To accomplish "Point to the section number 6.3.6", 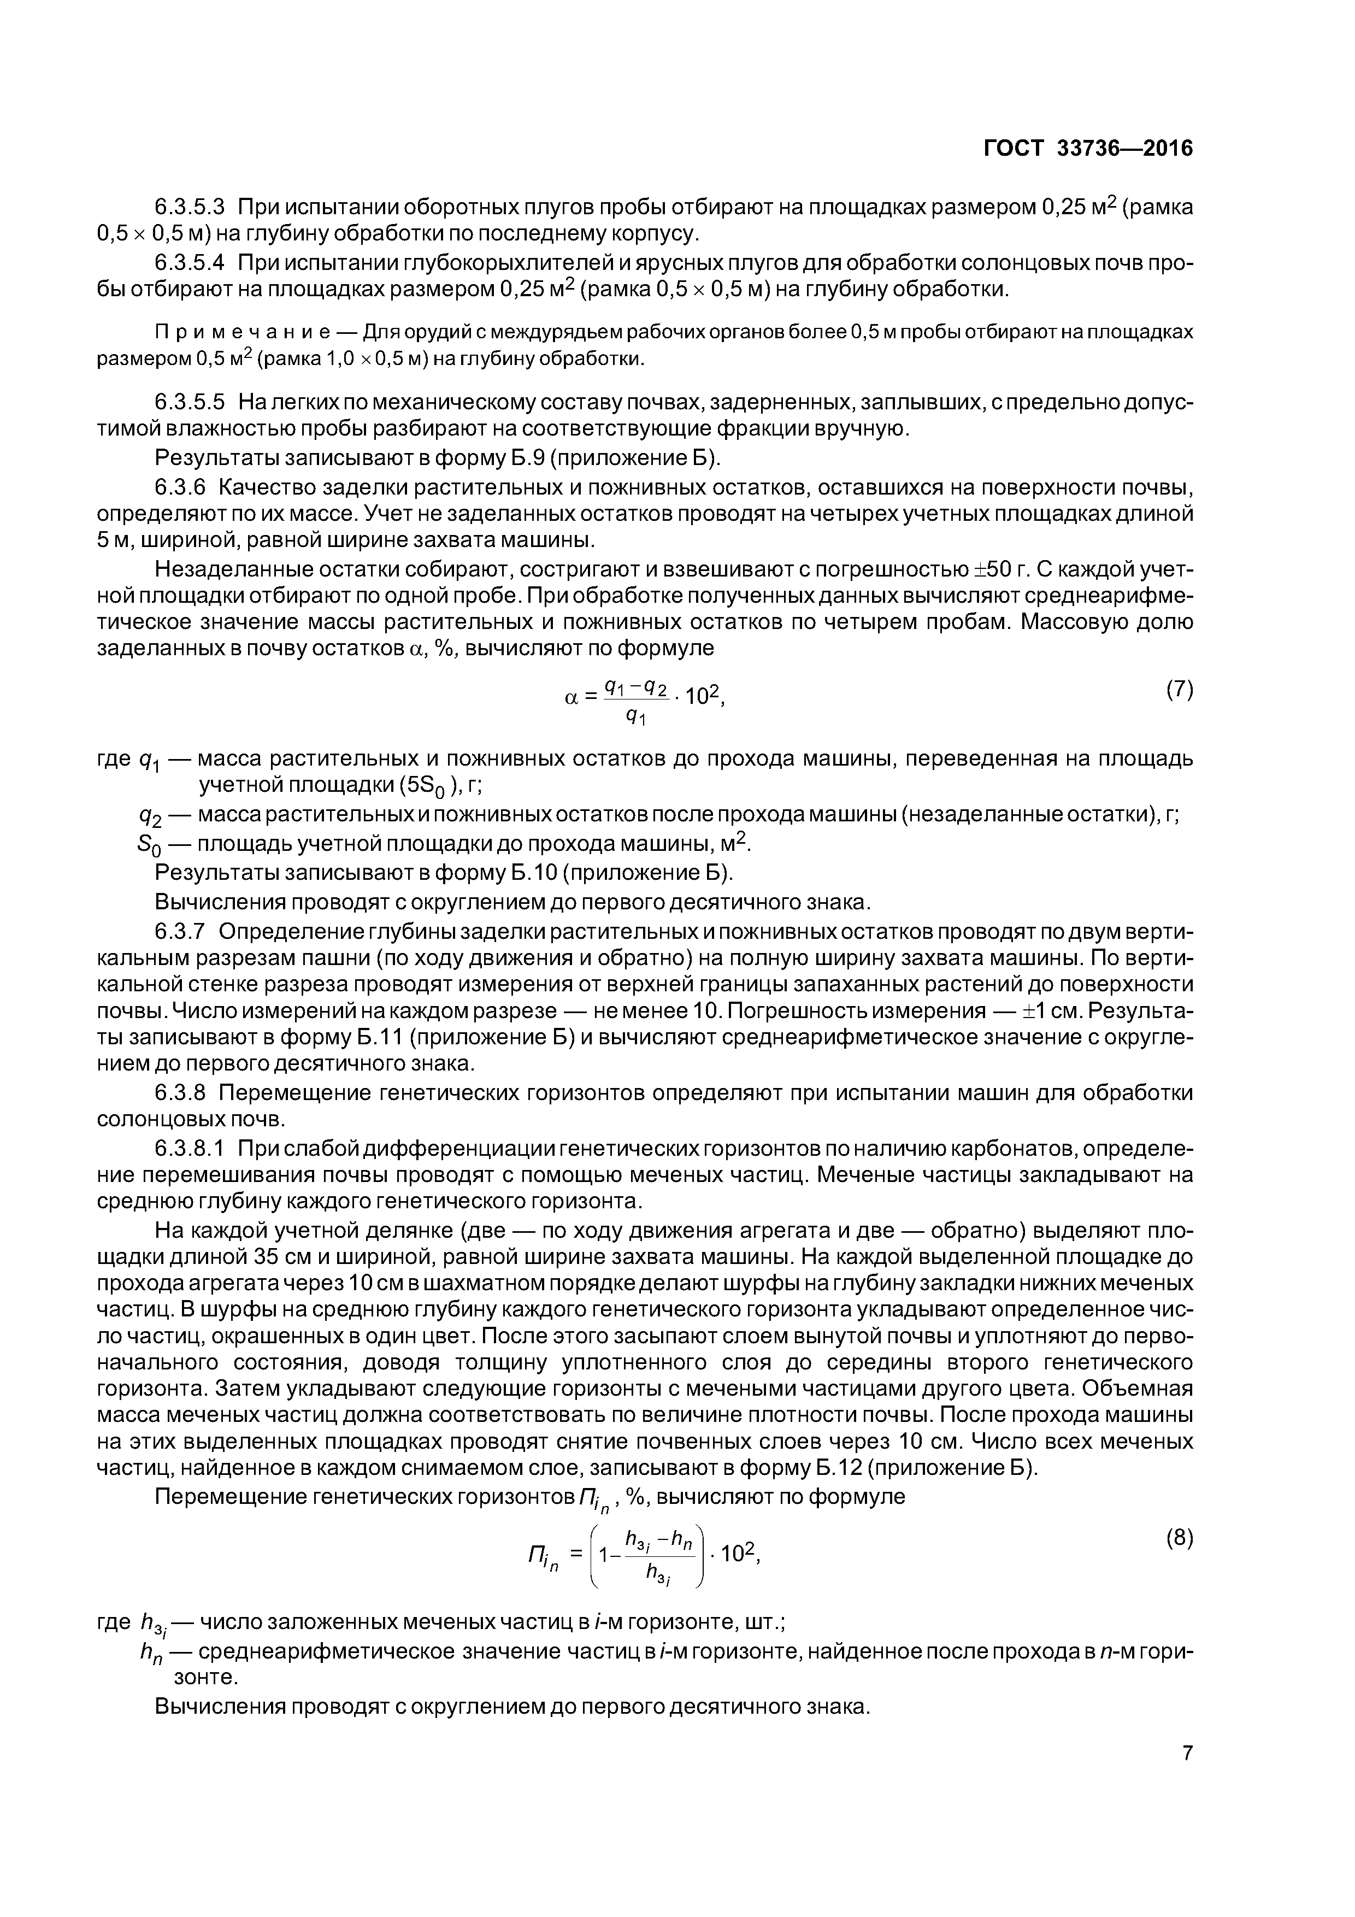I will point(180,487).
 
